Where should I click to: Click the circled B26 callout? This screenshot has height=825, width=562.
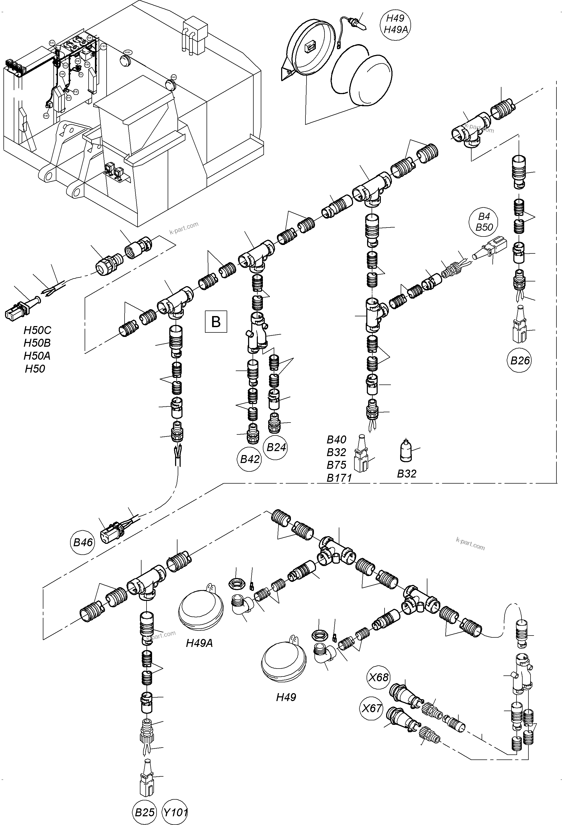point(520,361)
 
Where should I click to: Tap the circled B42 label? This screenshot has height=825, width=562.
point(250,459)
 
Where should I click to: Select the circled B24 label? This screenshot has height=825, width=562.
point(276,447)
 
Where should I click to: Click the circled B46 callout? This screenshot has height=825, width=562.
point(83,543)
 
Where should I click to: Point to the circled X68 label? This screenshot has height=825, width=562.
point(379,677)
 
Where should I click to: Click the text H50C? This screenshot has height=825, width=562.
point(37,330)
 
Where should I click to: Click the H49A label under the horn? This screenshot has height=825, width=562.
point(199,643)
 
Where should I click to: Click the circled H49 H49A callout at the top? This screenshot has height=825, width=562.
point(396,24)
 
